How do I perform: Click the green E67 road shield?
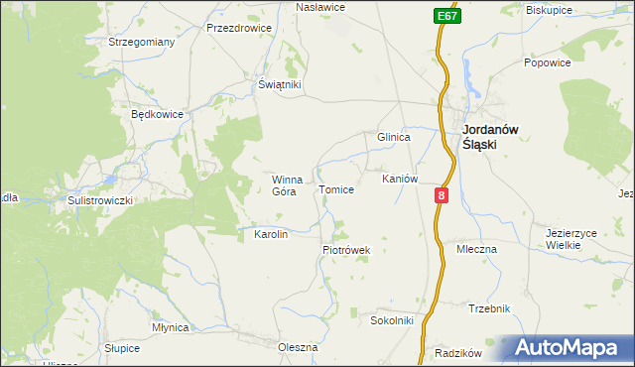[x=445, y=17]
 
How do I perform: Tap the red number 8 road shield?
[x=442, y=197]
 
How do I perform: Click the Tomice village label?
[x=335, y=189]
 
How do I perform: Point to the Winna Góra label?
[x=287, y=185]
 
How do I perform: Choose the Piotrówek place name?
[x=345, y=251]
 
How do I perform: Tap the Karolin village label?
[x=271, y=235]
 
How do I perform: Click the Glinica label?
[x=393, y=138]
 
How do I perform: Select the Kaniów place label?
[x=400, y=180]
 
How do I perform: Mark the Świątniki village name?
[x=279, y=85]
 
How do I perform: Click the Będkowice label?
[x=157, y=114]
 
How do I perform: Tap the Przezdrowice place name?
[x=238, y=29]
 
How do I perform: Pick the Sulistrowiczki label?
[x=99, y=199]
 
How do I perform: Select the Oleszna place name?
[x=298, y=347]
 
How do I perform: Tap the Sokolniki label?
[x=391, y=321]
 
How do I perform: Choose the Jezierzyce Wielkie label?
[x=571, y=239]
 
